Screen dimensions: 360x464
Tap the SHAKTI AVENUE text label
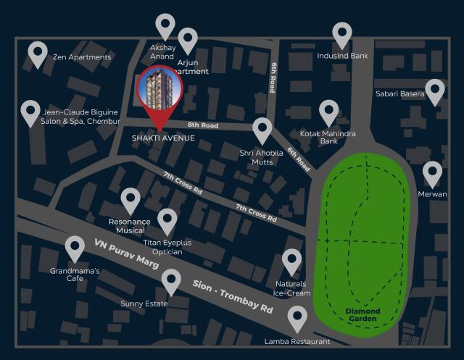tap(163, 138)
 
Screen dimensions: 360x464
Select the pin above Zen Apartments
tap(38, 53)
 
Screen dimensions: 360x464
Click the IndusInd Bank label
tap(342, 56)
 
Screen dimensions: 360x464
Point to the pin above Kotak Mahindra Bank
tap(329, 112)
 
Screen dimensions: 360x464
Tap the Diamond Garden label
tap(362, 315)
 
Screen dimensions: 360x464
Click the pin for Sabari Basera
tap(434, 91)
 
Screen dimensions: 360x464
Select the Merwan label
tap(432, 194)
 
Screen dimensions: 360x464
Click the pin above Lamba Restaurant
tap(297, 317)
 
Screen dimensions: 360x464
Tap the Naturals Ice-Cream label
tap(291, 288)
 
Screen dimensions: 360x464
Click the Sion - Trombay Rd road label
tap(231, 295)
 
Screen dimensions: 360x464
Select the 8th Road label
tap(202, 125)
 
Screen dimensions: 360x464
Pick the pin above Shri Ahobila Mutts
tap(262, 130)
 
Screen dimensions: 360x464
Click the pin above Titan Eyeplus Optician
tap(167, 220)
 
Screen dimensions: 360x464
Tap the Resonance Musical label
tap(130, 226)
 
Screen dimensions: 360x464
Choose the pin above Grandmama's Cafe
tap(75, 248)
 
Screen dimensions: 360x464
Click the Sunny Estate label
tap(144, 304)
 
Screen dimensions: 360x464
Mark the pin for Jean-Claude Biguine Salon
tap(30, 112)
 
